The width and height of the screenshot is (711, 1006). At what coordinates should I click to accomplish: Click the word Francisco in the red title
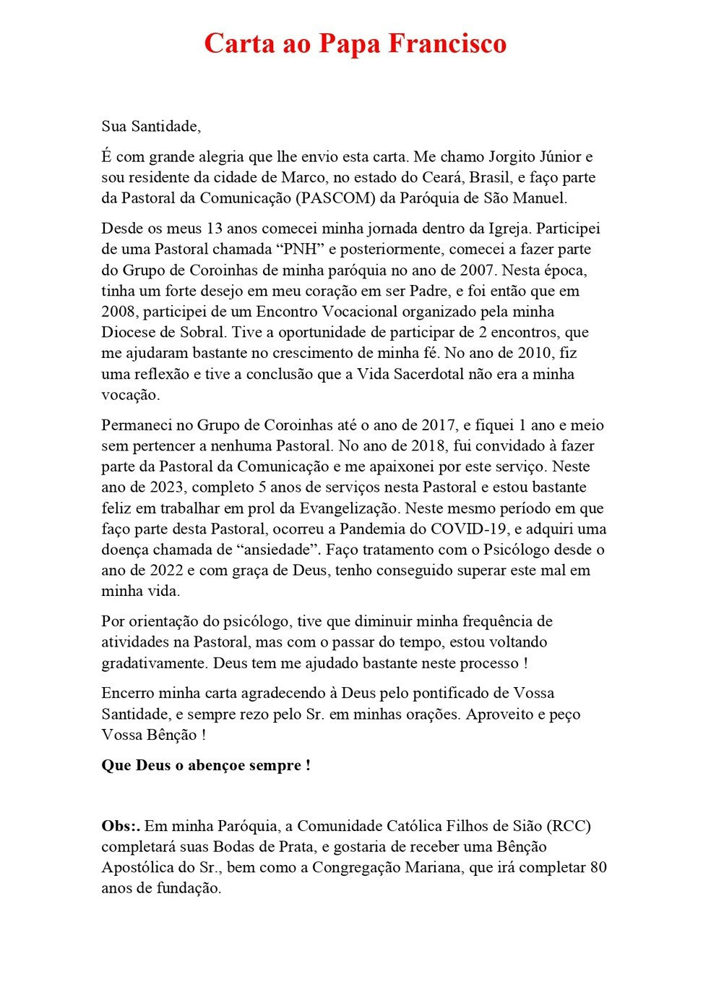[x=447, y=43]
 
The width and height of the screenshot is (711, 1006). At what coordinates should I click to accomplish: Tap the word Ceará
[x=444, y=178]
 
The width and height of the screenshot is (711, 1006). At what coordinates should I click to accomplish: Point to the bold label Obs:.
[x=121, y=826]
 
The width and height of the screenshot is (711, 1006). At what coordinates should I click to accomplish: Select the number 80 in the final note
[x=598, y=867]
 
